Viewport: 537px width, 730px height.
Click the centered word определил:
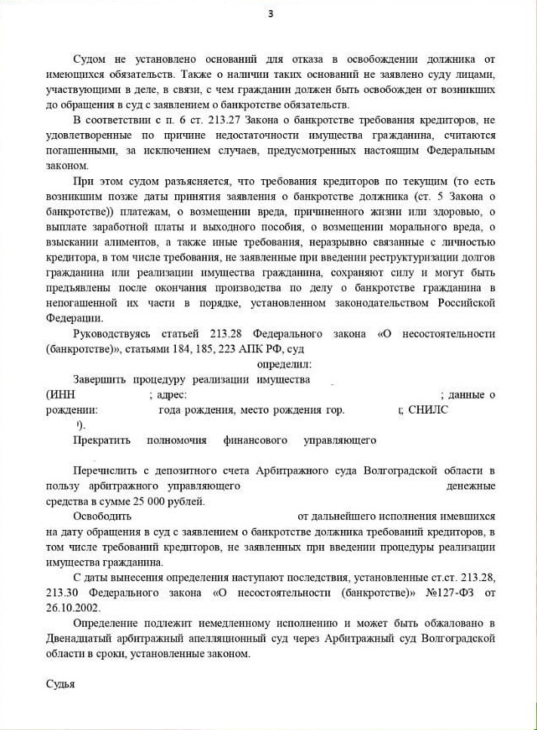click(x=284, y=364)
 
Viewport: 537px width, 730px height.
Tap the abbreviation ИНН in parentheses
click(x=62, y=394)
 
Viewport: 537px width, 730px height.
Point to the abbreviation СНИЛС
click(x=428, y=409)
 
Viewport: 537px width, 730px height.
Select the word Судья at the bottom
click(x=60, y=683)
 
